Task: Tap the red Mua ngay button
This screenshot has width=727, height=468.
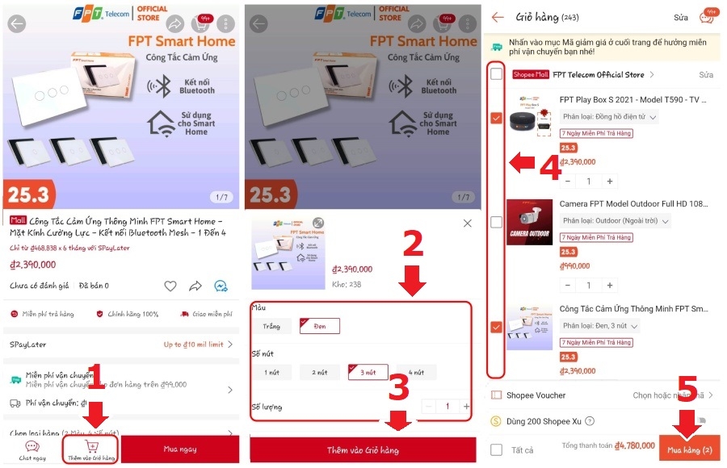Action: pos(180,449)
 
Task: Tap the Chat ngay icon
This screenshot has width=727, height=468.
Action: pos(32,449)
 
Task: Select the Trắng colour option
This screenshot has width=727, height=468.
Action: pos(271,326)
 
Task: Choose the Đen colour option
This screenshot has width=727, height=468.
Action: pos(319,326)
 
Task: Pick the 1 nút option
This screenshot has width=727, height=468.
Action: pos(271,372)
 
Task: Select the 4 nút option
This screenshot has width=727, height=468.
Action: pos(415,372)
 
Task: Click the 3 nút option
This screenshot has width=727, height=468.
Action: pos(368,372)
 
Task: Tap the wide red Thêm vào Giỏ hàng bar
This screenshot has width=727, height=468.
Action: pos(363,449)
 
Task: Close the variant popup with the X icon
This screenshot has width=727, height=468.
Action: pos(467,223)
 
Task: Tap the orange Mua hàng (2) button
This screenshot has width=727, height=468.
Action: pos(688,449)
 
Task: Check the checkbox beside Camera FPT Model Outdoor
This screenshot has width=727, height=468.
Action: pos(496,221)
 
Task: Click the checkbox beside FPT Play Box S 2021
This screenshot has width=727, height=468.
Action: pos(496,118)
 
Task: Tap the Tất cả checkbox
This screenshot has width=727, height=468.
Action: pos(496,449)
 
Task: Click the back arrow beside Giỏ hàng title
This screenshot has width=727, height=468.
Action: pos(498,17)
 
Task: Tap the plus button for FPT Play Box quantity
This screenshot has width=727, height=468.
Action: pos(610,182)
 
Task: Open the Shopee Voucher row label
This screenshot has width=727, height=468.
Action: pos(536,395)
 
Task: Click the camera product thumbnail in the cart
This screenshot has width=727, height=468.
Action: pos(529,221)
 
